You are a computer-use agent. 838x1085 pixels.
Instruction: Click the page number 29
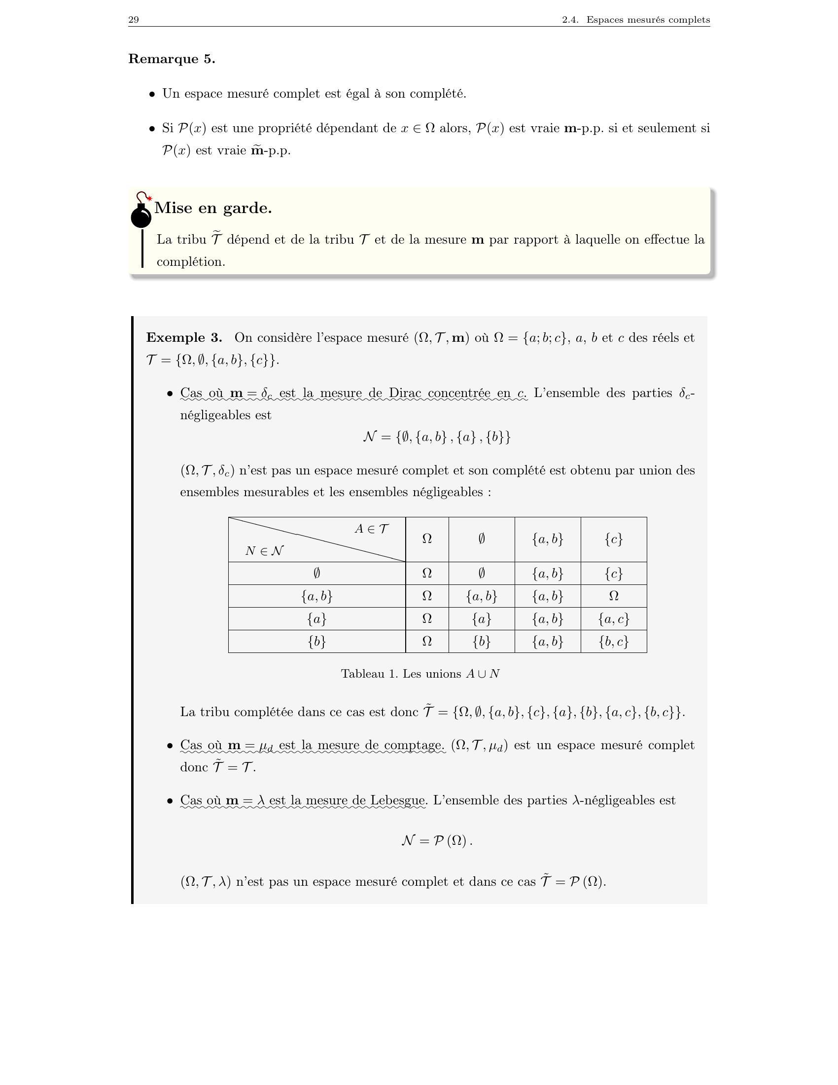pos(134,20)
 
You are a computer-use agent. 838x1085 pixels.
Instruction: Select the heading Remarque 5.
pos(172,59)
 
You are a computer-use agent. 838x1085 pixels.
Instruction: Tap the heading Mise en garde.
pos(213,208)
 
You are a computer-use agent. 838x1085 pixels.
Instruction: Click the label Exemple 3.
pos(184,338)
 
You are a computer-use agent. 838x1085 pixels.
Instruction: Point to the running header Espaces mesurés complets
pos(647,20)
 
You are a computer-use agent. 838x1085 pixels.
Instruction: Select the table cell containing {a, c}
pos(614,618)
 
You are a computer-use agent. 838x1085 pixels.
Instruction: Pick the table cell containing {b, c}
pos(614,641)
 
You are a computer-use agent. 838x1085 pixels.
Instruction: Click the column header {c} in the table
pos(614,539)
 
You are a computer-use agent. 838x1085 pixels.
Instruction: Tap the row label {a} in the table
pos(317,618)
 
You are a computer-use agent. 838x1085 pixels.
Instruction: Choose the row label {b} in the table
pos(317,641)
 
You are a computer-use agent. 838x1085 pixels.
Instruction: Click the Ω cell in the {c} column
pos(614,596)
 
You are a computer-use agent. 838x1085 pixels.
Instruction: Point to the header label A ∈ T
pos(371,529)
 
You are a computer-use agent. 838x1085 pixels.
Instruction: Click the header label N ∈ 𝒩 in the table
pos(265,551)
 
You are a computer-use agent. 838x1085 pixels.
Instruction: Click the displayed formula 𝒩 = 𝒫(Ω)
pos(436,841)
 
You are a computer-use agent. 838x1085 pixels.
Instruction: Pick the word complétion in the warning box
pos(191,262)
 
